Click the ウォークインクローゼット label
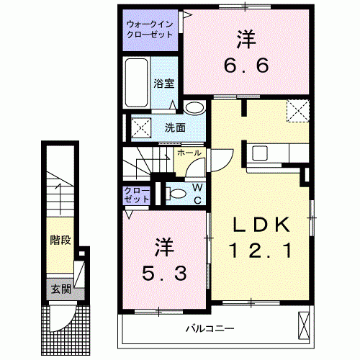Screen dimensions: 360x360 [x=150, y=28]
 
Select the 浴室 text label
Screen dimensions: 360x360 [x=163, y=83]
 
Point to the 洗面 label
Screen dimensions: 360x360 [x=175, y=128]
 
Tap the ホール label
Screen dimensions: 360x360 [x=189, y=153]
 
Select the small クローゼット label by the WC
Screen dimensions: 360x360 [x=137, y=194]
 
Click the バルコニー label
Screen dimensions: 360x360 [x=210, y=329]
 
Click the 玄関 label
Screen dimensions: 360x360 [x=60, y=289]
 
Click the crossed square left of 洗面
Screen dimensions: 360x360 [x=140, y=129]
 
